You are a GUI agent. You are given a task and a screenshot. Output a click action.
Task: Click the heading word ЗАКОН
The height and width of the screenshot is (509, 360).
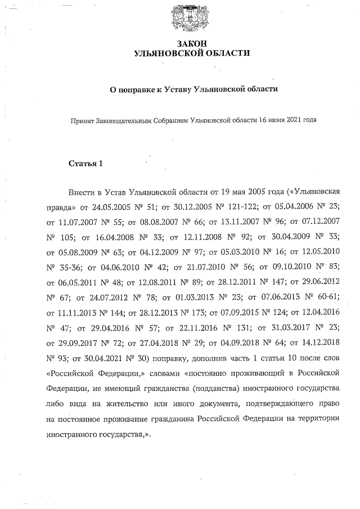click(x=193, y=43)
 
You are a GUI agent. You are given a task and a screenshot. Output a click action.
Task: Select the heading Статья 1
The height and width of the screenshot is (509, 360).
click(x=85, y=164)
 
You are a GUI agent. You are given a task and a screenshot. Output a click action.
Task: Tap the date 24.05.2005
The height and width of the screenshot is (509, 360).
click(x=112, y=206)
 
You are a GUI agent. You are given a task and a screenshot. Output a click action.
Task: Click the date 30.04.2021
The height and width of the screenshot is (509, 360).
click(x=112, y=353)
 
